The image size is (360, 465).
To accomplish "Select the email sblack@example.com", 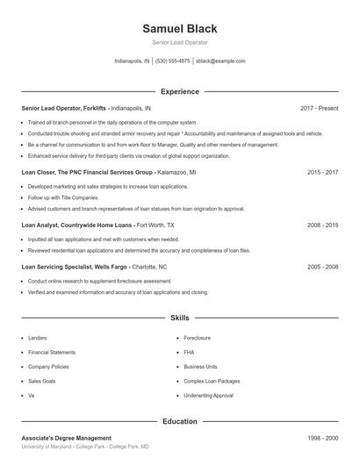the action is coord(220,61).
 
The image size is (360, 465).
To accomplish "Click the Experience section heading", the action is coord(179,91).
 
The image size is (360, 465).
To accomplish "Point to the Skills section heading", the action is coord(179,318).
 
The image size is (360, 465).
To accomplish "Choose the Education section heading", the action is coord(179,421).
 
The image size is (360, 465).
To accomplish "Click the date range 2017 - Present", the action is coord(319,108).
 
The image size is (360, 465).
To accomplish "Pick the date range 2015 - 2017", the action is coord(322,173).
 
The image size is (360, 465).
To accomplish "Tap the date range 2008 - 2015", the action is coord(322,225).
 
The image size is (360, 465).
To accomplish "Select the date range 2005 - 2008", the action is coord(322,266).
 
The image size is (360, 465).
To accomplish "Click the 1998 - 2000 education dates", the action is coord(322,437).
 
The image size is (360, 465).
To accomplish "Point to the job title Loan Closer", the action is coord(40,173).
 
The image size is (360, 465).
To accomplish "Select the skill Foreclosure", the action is coord(198,337).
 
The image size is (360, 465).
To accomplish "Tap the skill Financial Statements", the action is coord(52,352).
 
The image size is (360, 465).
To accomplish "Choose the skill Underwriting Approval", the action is coord(208,396).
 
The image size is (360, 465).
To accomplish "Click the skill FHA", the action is coord(189,352).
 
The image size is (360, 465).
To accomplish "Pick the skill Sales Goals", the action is coord(42,382).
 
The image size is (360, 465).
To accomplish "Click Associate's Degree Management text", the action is coord(67,437).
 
